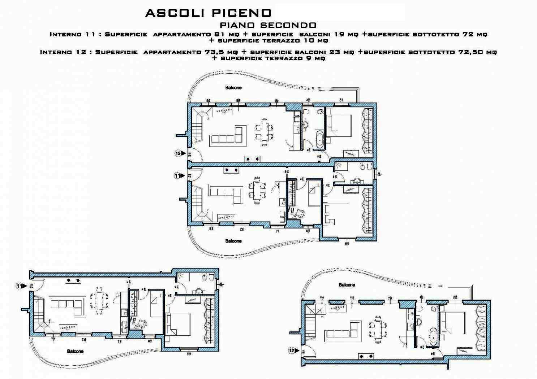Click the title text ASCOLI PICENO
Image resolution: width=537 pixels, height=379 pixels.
pyautogui.click(x=208, y=13)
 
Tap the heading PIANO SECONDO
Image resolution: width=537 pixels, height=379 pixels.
pyautogui.click(x=268, y=25)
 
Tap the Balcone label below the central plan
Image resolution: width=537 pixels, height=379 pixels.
pyautogui.click(x=233, y=241)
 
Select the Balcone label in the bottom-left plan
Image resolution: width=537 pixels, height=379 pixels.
pyautogui.click(x=75, y=351)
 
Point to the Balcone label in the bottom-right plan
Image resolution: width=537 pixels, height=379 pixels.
pyautogui.click(x=347, y=285)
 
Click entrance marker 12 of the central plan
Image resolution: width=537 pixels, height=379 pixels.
pyautogui.click(x=178, y=153)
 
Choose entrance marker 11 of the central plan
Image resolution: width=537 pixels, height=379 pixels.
pyautogui.click(x=177, y=176)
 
